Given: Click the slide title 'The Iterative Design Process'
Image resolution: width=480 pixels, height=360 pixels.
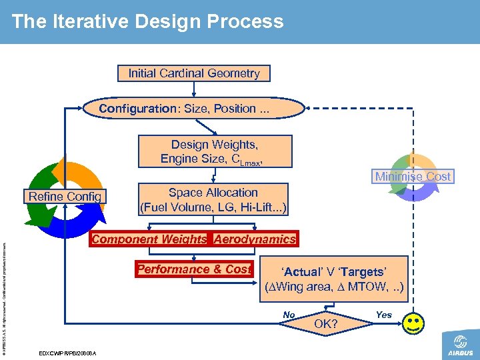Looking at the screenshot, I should click(x=147, y=21).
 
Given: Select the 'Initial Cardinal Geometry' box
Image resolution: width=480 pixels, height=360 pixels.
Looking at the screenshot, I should click(x=194, y=73).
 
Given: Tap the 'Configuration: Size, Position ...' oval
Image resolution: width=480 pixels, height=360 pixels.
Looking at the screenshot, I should click(x=184, y=109).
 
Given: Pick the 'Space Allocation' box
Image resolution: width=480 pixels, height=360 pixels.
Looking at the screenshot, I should click(x=213, y=200).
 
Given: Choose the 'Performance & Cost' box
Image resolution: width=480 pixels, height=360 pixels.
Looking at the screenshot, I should click(x=193, y=269).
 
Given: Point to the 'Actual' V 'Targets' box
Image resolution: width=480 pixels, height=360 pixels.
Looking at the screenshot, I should click(x=333, y=279).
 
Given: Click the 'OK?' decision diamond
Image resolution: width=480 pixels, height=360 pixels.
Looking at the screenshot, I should click(x=325, y=324).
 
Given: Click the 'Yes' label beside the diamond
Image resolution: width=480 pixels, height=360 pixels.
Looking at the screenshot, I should click(x=384, y=314).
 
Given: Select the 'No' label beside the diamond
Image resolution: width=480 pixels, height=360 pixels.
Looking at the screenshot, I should click(x=289, y=315).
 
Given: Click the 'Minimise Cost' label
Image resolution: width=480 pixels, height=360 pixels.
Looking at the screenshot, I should click(x=413, y=177).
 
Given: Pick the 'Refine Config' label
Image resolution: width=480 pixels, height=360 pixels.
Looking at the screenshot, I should click(x=65, y=196).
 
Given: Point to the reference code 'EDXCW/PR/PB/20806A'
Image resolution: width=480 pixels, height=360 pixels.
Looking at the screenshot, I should click(x=68, y=353).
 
